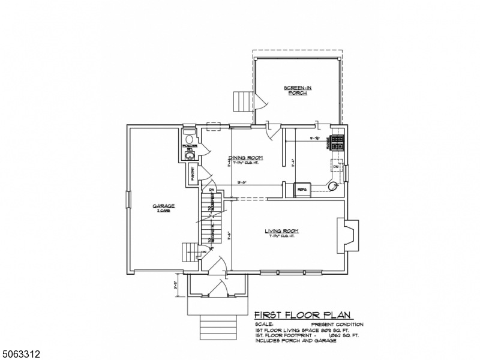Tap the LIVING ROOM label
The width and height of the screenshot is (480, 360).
coord(281,231)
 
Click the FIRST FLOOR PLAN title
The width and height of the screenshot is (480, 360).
coord(304,315)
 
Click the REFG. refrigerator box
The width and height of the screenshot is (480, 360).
coord(302,190)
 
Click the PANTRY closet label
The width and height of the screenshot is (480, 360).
coord(193,174)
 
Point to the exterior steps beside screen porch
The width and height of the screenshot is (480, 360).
coord(242,101)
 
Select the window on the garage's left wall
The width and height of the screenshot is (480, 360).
coord(127,200)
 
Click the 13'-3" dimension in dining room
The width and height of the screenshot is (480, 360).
coord(242,182)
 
